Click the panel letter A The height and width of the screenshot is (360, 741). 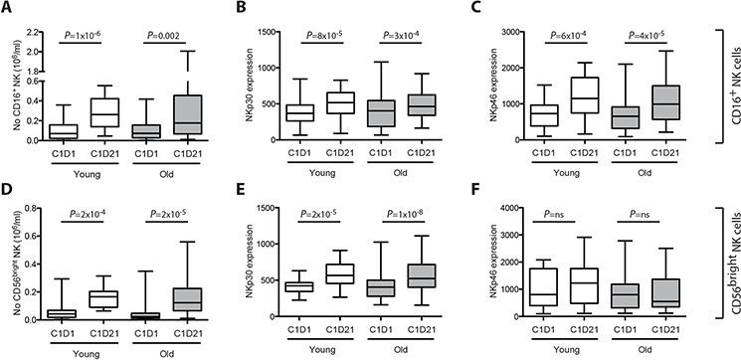(7, 8)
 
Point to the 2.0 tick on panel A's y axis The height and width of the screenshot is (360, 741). (38, 51)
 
